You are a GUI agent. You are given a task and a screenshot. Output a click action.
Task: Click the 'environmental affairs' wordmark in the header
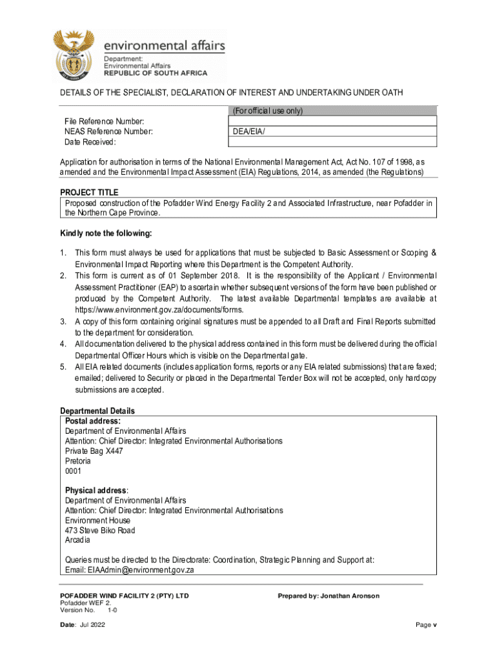click(165, 46)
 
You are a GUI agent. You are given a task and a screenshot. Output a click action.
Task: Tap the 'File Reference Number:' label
click(104, 121)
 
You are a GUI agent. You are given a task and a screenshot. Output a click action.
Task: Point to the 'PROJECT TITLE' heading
click(89, 192)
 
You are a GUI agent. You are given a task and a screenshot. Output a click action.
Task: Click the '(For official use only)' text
click(267, 111)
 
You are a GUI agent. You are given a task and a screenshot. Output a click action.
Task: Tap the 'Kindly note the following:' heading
click(106, 233)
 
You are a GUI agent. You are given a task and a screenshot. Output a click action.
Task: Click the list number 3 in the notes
click(63, 321)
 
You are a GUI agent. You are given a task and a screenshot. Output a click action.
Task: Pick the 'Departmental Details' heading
click(97, 411)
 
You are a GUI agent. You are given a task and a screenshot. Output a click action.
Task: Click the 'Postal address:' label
click(93, 421)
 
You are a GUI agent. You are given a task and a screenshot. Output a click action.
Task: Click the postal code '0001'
click(74, 471)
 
